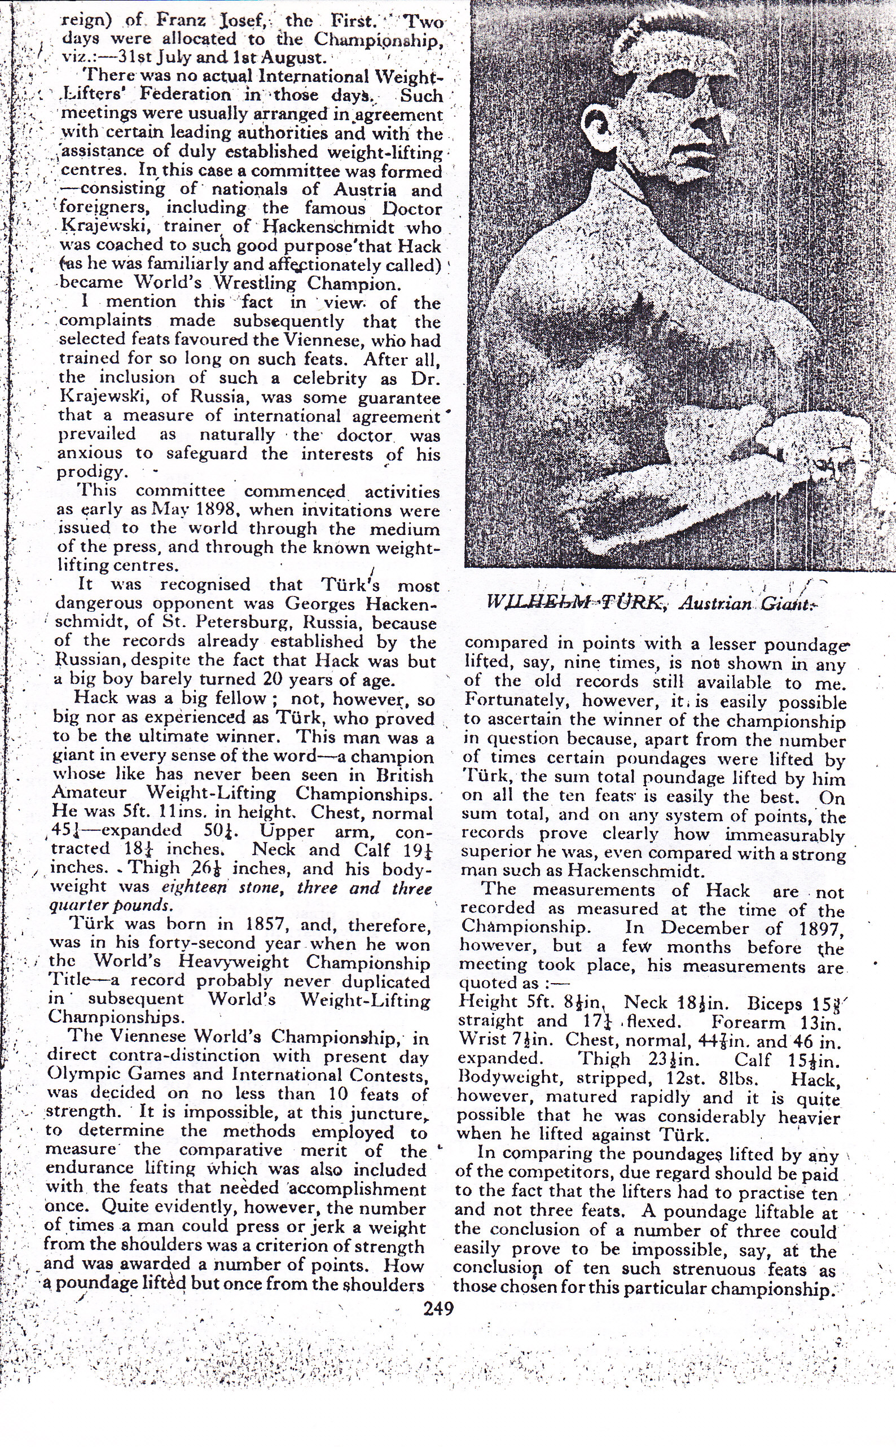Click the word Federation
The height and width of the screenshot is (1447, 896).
click(x=186, y=94)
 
